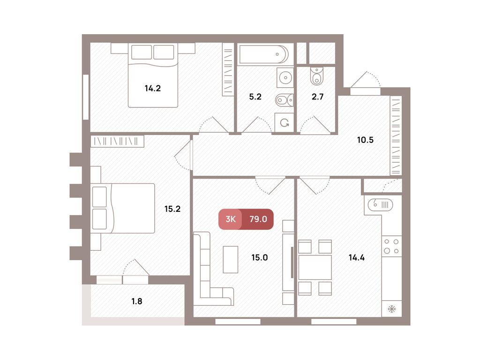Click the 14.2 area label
[x=153, y=88]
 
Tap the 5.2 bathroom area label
[x=255, y=97]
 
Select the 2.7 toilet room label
[x=317, y=97]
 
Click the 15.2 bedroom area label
[x=172, y=209]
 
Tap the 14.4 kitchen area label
[x=357, y=257]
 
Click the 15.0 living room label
[x=259, y=257]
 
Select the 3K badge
[x=230, y=219]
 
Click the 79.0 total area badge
[x=258, y=219]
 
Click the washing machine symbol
[x=284, y=123]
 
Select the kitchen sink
[x=380, y=204]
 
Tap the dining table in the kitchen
[x=315, y=267]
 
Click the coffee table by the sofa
[x=230, y=259]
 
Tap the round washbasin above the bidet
[x=284, y=77]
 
